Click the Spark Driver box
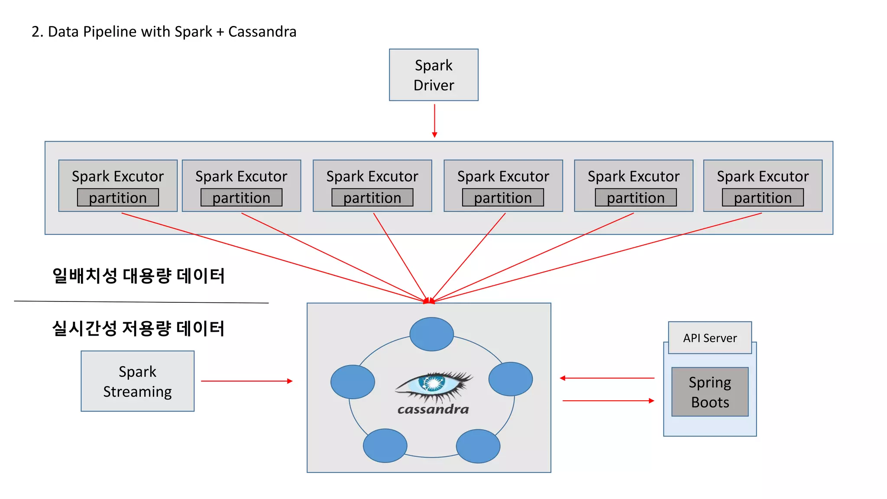tap(434, 75)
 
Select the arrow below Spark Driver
tap(434, 121)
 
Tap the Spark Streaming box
tap(137, 381)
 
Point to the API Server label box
tap(710, 338)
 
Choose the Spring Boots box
tap(710, 392)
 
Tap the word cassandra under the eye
tap(433, 409)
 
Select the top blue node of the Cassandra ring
tap(431, 334)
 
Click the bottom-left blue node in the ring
tap(385, 446)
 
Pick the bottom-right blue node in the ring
tap(478, 446)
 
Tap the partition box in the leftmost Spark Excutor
tap(118, 198)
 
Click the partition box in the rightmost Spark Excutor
tap(763, 198)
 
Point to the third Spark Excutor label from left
tap(372, 176)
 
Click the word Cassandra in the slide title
tap(262, 32)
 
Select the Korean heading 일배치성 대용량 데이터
tap(138, 276)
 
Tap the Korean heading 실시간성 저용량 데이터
tap(138, 328)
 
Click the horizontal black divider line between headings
tap(141, 302)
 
